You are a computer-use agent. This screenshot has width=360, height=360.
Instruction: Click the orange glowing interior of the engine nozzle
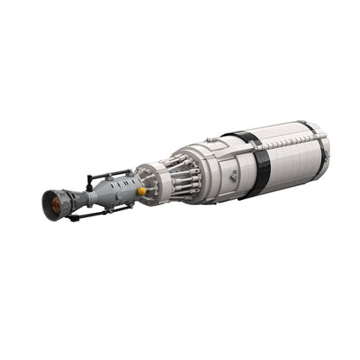tap(55, 205)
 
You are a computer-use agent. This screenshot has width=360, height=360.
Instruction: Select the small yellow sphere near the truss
tap(141, 188)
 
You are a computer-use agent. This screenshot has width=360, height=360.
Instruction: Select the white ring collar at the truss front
tap(148, 183)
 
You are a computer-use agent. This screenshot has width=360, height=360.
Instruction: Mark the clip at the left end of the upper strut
tap(88, 183)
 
